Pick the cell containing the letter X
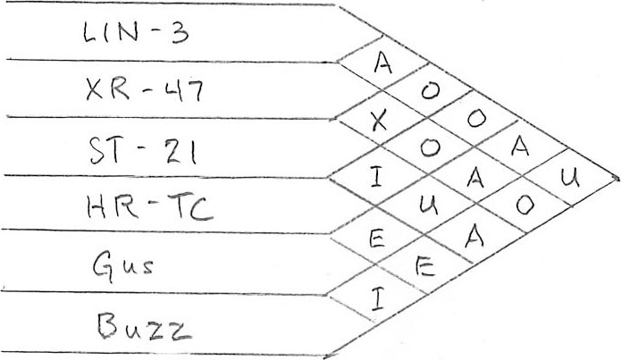[x=379, y=122]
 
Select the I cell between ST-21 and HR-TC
[x=378, y=180]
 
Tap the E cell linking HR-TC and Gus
[x=376, y=238]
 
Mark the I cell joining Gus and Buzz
[x=376, y=297]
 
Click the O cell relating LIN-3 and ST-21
[x=431, y=92]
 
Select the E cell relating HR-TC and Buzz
[x=424, y=267]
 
